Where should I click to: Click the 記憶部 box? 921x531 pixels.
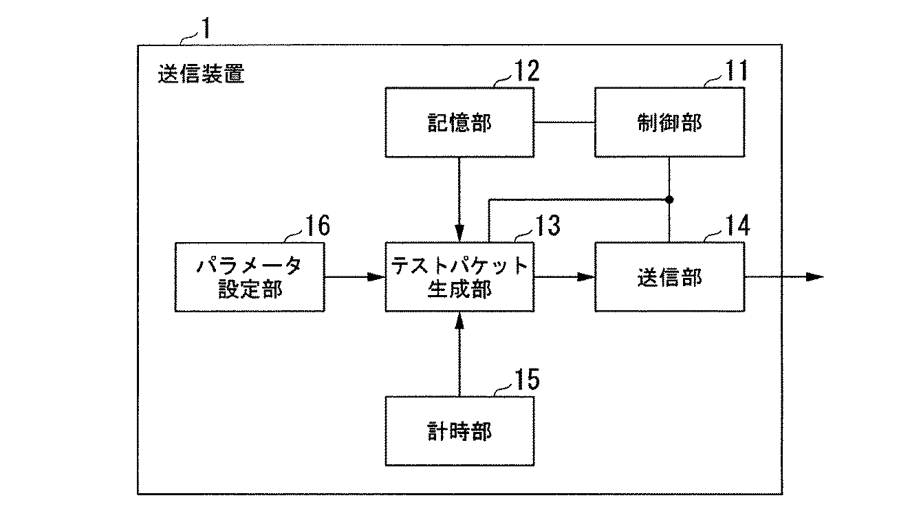click(459, 122)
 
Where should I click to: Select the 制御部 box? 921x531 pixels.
click(669, 122)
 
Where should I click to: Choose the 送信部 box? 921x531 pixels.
click(669, 277)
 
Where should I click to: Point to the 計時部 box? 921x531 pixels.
click(459, 431)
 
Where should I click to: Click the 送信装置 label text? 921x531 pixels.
click(201, 74)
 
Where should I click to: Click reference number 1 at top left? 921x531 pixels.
click(204, 28)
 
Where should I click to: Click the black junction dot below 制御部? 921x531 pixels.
click(669, 199)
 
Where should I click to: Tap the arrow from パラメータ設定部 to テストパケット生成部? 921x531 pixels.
click(354, 277)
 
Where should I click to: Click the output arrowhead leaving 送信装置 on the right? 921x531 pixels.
click(814, 277)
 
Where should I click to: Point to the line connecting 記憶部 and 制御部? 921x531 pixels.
click(564, 122)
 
